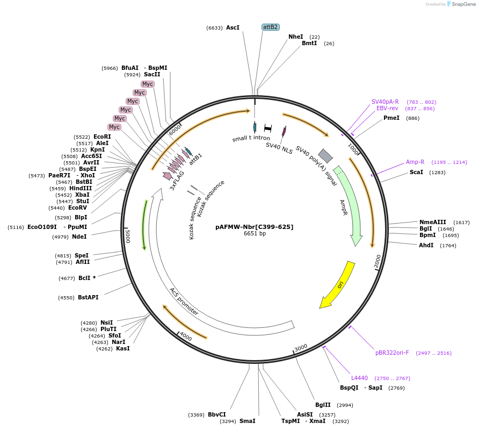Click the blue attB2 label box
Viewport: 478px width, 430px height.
(270, 27)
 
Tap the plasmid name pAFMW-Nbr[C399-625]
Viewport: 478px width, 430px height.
(255, 227)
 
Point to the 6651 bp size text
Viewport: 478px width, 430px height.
(255, 234)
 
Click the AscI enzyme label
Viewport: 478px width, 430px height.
(233, 27)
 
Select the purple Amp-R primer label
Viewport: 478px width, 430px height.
(415, 162)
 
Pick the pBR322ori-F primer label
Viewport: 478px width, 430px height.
(392, 353)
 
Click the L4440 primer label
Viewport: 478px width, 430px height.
(360, 378)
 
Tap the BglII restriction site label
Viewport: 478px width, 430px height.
(323, 405)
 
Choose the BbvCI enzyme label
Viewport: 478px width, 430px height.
(216, 414)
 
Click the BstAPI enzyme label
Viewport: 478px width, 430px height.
(88, 297)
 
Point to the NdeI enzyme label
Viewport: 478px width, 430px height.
(79, 236)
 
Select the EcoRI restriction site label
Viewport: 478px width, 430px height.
(102, 137)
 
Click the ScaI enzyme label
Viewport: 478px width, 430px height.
(416, 172)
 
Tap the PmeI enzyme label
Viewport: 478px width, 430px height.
(391, 118)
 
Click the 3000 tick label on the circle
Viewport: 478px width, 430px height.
(301, 347)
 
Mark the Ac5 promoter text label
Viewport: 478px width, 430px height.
(184, 301)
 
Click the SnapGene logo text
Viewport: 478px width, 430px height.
(465, 4)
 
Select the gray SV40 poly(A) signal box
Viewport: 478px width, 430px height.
(325, 156)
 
